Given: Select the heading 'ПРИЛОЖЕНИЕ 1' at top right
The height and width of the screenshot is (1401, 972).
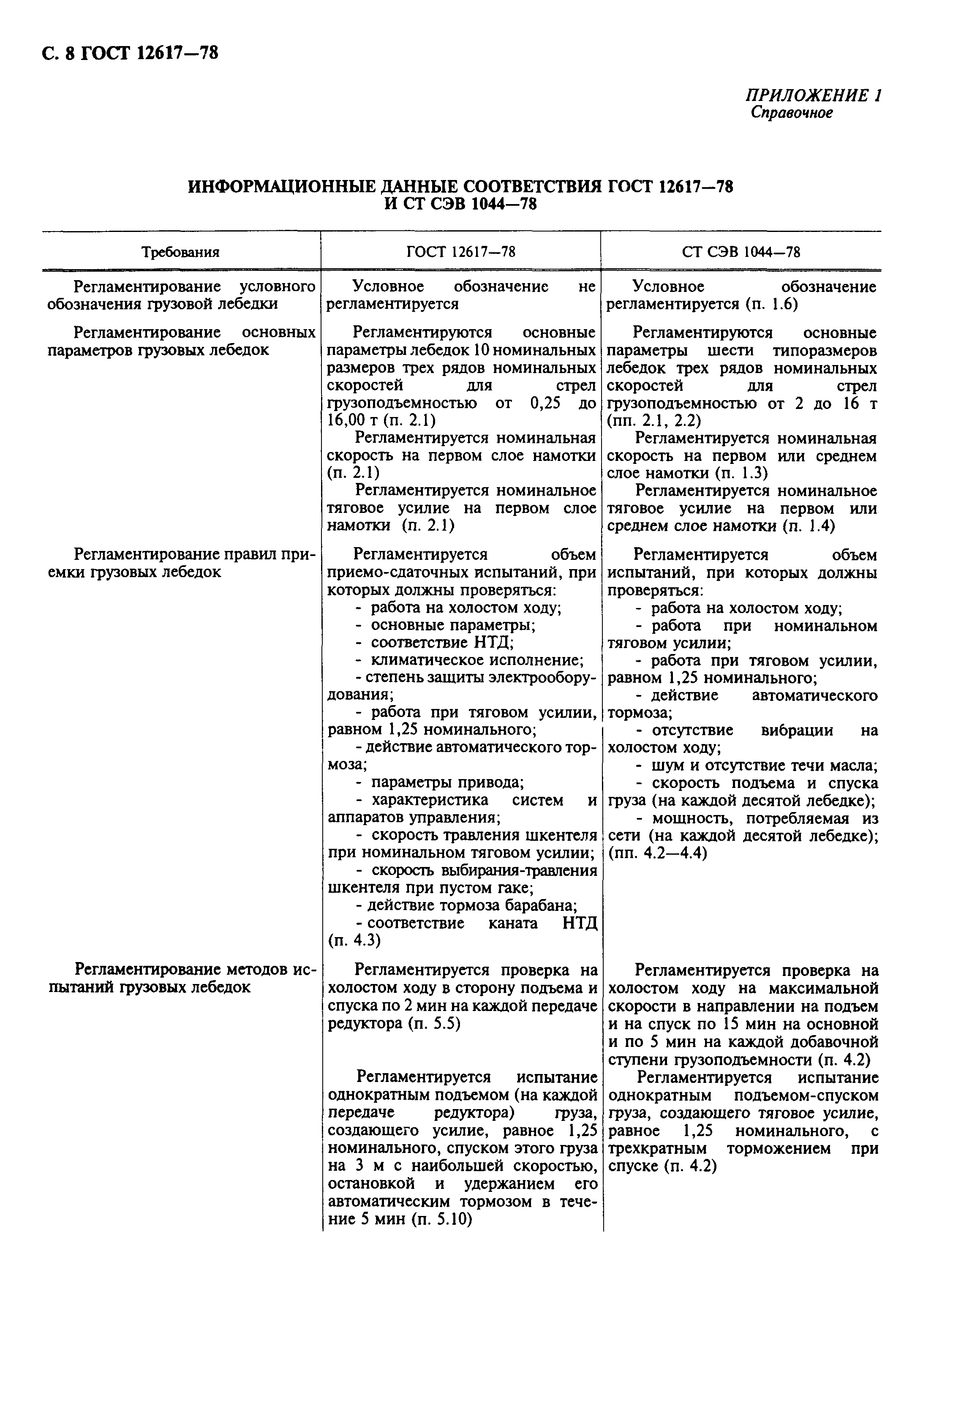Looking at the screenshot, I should point(814,95).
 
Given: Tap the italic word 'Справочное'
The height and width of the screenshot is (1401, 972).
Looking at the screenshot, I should point(791,113).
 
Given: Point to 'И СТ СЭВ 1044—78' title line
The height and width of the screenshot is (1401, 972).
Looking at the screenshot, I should point(461,204).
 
